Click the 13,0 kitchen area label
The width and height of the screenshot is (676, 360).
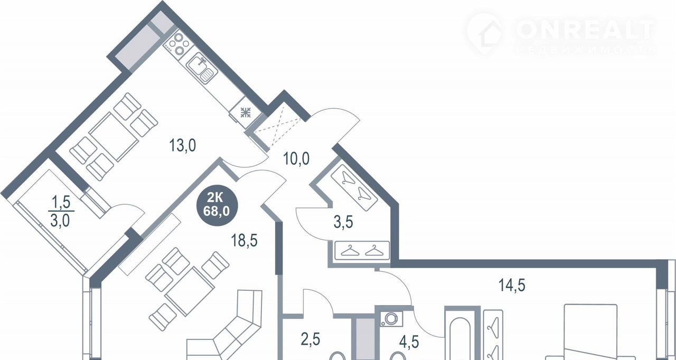[183, 145]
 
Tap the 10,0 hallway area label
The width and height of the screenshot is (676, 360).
[296, 158]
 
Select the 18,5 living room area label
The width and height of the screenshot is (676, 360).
[244, 241]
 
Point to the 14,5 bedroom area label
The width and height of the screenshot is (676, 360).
[512, 285]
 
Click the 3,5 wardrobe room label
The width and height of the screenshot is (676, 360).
[343, 223]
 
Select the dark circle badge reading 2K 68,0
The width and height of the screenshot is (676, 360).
[217, 205]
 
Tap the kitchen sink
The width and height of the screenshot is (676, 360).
[202, 67]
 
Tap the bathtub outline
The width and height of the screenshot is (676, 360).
[459, 338]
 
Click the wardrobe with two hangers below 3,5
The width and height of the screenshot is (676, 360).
[362, 251]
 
